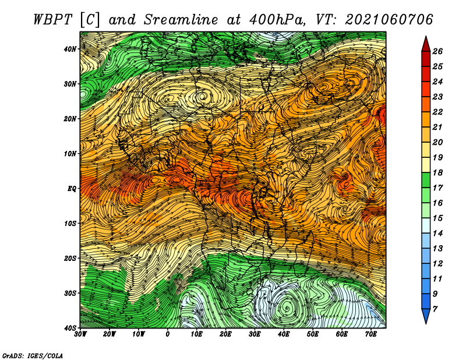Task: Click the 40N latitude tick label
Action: pos(70,49)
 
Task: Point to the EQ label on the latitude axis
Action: pos(72,189)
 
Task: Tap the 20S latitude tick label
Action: pos(70,258)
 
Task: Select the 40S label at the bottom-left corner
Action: pos(70,328)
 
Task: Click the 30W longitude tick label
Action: pos(80,334)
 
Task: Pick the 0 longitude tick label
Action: pos(168,334)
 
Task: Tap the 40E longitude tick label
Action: pos(284,334)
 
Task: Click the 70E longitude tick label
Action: pos(371,334)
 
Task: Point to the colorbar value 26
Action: pos(437,51)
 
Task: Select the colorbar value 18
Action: pos(437,172)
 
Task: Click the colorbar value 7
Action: pos(435,309)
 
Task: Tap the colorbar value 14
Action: pos(437,234)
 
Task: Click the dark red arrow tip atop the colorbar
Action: pos(426,37)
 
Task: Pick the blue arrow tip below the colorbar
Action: pos(426,323)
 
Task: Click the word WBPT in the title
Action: pos(52,20)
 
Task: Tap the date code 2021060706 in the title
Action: pos(389,20)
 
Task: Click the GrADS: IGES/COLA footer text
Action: pos(33,355)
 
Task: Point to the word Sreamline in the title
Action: pos(181,20)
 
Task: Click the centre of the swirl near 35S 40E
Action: pos(287,308)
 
